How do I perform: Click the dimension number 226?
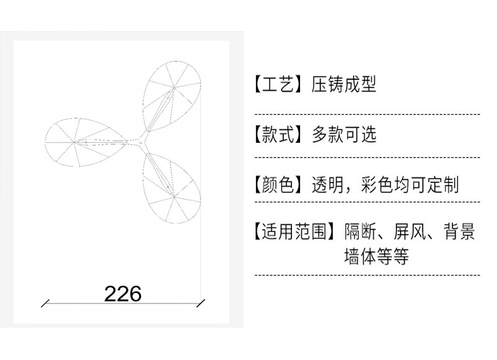[123, 293]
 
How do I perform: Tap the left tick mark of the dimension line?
[45, 304]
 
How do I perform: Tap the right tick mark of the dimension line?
[201, 304]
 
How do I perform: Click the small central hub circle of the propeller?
[141, 142]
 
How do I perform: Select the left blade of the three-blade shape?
[78, 142]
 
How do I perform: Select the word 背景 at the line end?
[459, 233]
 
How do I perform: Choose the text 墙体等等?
[376, 256]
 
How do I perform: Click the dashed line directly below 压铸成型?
[367, 114]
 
